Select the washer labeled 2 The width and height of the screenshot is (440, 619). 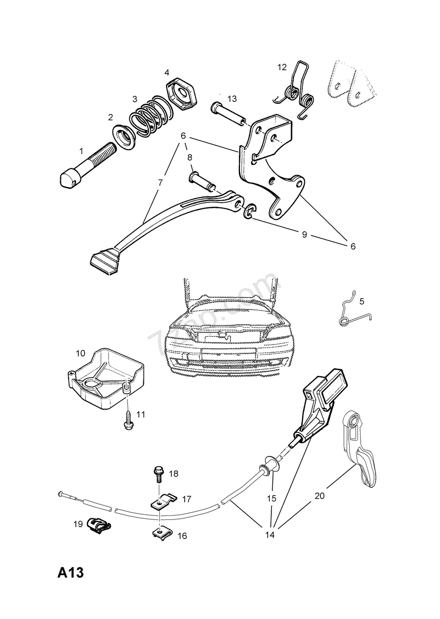click(125, 137)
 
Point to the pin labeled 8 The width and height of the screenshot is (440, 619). click(203, 181)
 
